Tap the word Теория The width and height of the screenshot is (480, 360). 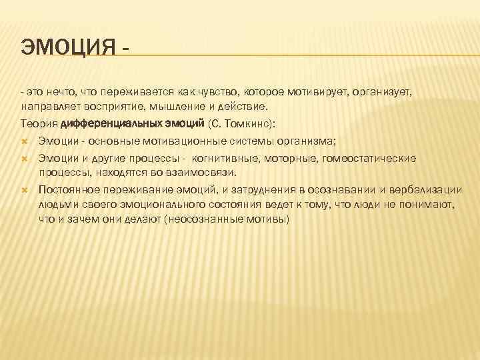pos(38,123)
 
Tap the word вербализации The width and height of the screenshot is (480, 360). pos(427,190)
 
